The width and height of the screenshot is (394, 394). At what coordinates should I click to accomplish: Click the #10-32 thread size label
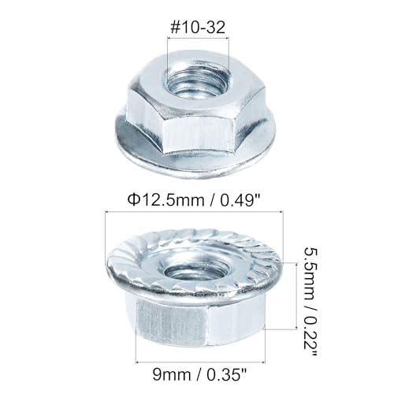tap(198, 27)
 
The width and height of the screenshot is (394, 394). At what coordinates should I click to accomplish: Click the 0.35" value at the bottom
tap(227, 374)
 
